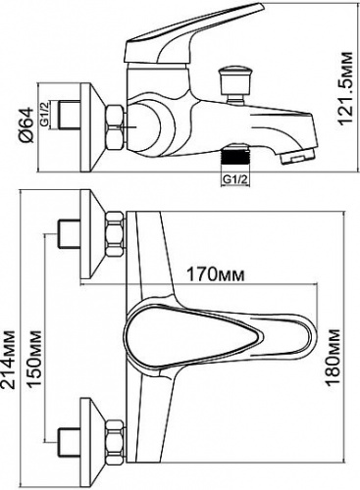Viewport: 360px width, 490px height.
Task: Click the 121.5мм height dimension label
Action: [345, 88]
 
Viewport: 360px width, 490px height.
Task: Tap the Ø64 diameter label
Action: [26, 124]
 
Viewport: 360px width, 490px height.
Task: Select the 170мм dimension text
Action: [215, 275]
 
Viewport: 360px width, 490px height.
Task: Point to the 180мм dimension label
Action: [334, 358]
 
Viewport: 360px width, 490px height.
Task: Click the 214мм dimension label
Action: [8, 360]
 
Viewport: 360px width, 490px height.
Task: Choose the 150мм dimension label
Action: [34, 360]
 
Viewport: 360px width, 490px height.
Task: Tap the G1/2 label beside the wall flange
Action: [45, 114]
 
